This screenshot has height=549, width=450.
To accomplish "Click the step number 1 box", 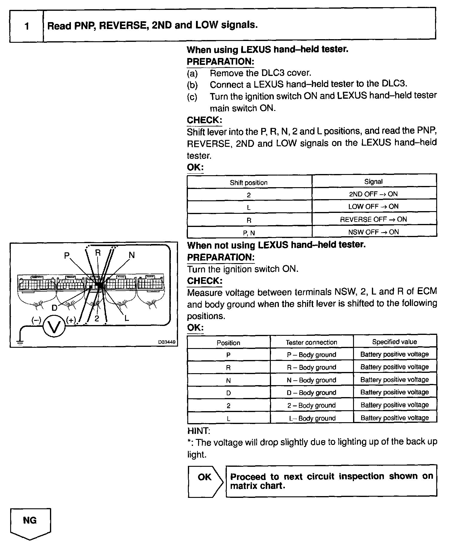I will coord(27,26).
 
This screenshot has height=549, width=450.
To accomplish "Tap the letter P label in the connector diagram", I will coord(67,256).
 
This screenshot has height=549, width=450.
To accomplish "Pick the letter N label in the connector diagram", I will coord(132,255).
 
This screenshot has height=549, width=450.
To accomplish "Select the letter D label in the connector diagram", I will coord(54,308).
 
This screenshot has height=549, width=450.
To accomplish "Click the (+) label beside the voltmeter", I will coord(71,320).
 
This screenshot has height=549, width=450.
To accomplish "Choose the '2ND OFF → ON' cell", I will coord(373,194).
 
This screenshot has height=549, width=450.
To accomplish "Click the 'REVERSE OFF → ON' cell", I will coord(373,219).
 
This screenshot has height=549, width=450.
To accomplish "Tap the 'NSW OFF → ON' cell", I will coord(373,232).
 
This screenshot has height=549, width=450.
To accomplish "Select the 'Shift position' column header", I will coord(249,183).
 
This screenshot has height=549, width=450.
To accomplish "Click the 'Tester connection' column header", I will coord(311,342).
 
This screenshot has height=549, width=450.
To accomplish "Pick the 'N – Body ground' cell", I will coord(311,380).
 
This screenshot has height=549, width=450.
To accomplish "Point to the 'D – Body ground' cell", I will coord(311,393).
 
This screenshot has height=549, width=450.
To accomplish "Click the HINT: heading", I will coord(199,431).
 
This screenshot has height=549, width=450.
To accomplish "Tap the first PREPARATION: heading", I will coord(221,62).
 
